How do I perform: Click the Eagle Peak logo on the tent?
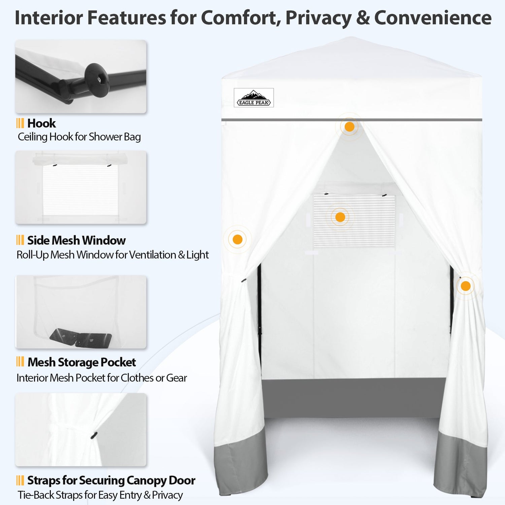(x=254, y=98)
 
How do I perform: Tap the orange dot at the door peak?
(x=349, y=127)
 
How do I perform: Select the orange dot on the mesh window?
(x=340, y=217)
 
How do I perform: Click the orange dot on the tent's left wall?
(x=237, y=239)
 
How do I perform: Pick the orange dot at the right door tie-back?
(x=466, y=286)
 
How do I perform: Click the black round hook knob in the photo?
(x=97, y=80)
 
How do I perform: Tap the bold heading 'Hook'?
(x=41, y=123)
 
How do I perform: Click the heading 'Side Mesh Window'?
(x=76, y=240)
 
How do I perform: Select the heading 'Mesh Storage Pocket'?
(x=81, y=362)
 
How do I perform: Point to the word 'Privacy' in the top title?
(x=318, y=18)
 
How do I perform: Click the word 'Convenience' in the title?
(x=433, y=18)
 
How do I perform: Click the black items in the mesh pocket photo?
(x=81, y=337)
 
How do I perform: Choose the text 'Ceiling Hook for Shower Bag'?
(x=79, y=137)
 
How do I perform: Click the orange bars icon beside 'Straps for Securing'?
(x=20, y=480)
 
